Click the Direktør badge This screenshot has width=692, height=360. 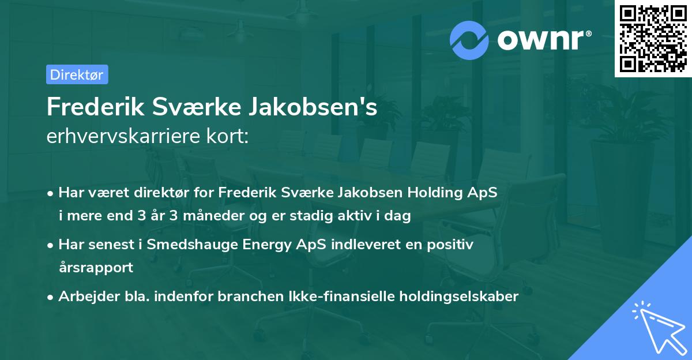point(77,74)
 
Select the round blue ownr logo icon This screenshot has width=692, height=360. point(469,40)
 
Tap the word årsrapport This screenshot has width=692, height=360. point(96,268)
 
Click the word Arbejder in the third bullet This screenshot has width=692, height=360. point(84,297)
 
